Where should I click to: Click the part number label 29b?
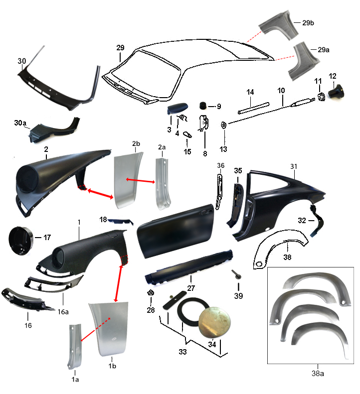click(308, 23)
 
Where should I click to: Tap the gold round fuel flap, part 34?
click(214, 322)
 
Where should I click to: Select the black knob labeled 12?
click(336, 92)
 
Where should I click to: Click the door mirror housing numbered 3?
click(178, 108)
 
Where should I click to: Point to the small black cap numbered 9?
click(203, 106)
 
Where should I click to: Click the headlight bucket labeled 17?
click(20, 241)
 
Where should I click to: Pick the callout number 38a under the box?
click(318, 374)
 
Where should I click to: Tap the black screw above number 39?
click(236, 274)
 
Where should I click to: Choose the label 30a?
click(20, 123)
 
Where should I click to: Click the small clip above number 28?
click(151, 292)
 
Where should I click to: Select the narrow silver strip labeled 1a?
click(74, 346)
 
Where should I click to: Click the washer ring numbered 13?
click(223, 125)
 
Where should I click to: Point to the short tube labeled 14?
click(254, 108)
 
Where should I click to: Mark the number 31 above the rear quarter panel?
click(294, 166)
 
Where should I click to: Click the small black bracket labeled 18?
click(121, 222)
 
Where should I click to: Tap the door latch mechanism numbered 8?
click(204, 123)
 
